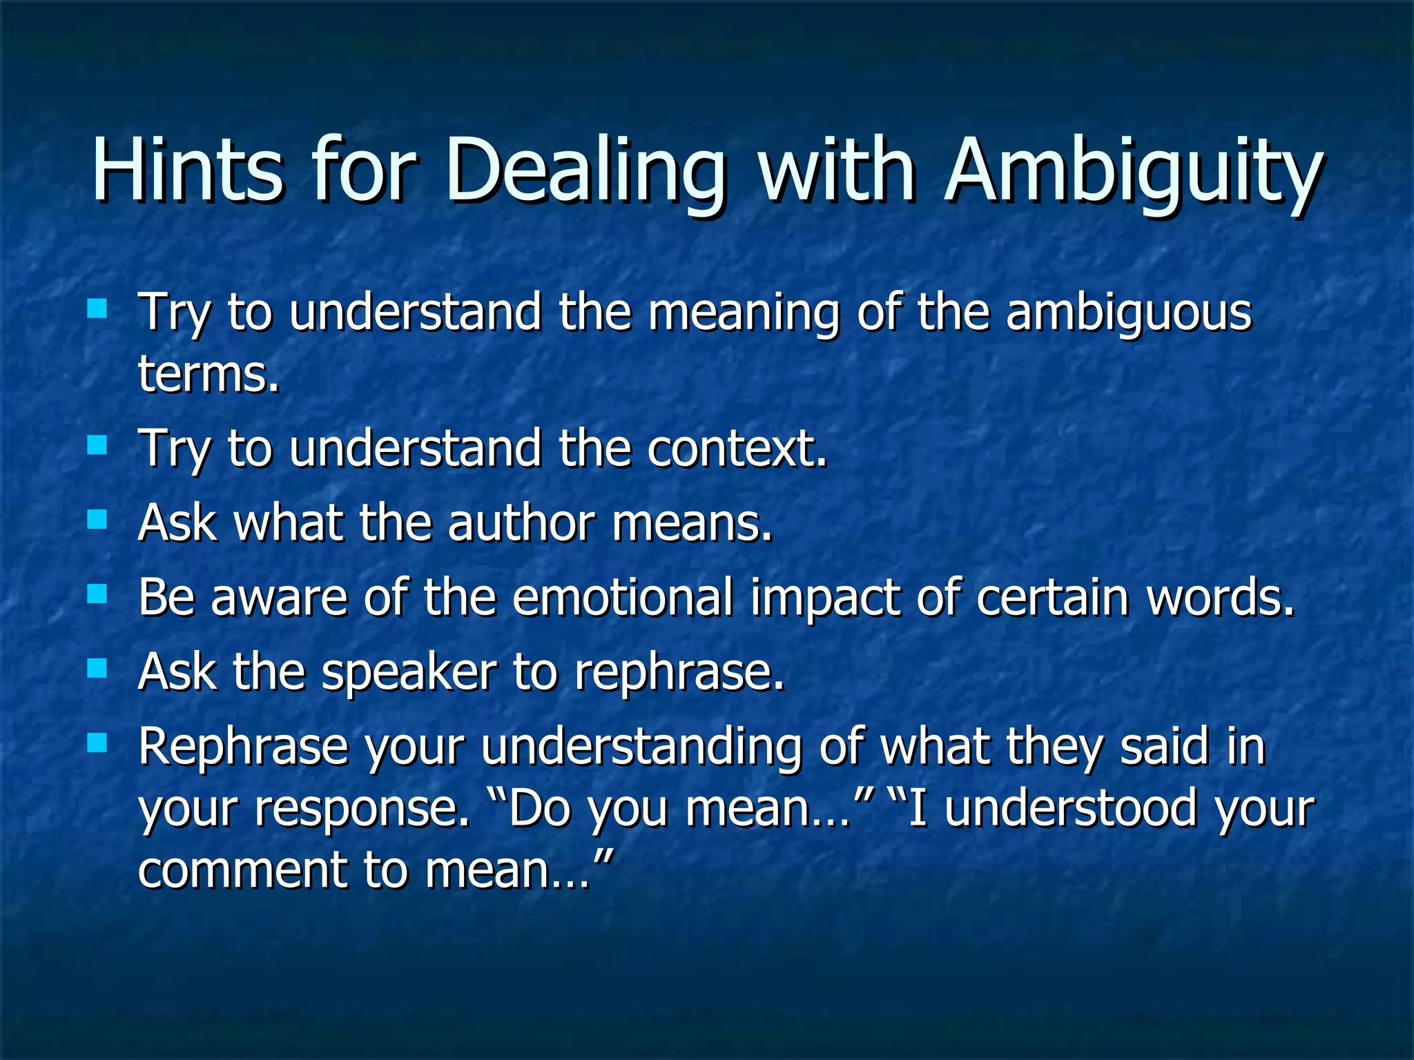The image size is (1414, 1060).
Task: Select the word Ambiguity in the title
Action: tap(1133, 173)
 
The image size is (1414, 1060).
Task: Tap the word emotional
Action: tap(622, 597)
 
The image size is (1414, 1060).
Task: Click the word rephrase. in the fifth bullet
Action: tap(679, 673)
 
